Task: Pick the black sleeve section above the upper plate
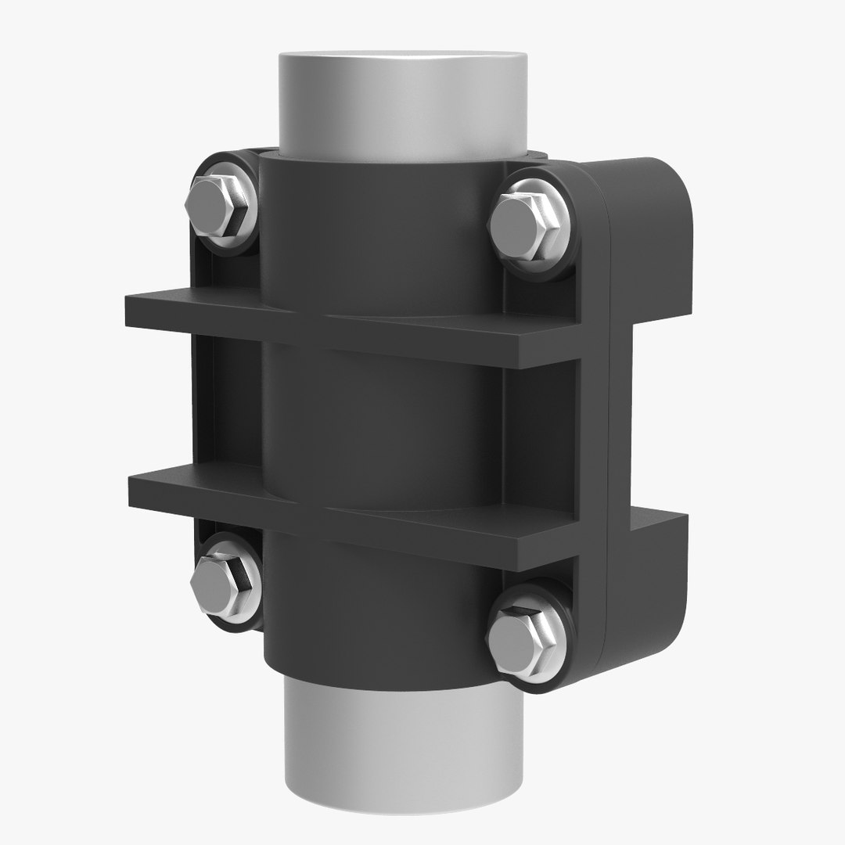click(x=383, y=227)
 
